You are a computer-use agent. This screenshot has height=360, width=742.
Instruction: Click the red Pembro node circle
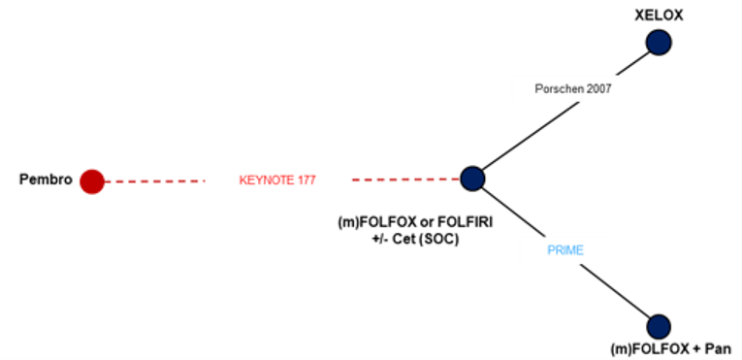click(x=92, y=181)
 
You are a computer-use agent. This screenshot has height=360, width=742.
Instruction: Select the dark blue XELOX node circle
click(x=660, y=43)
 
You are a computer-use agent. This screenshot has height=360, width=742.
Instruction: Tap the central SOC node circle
click(x=472, y=179)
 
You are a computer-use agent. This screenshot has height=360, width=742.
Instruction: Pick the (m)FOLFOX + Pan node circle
click(x=659, y=327)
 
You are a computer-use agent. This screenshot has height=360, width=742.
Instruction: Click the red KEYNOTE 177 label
click(x=277, y=180)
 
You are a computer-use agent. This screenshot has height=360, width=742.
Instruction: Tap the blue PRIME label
click(x=564, y=249)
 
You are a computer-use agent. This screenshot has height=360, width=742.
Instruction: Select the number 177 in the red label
click(x=305, y=180)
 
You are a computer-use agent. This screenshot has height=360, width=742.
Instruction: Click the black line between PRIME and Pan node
click(x=616, y=292)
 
